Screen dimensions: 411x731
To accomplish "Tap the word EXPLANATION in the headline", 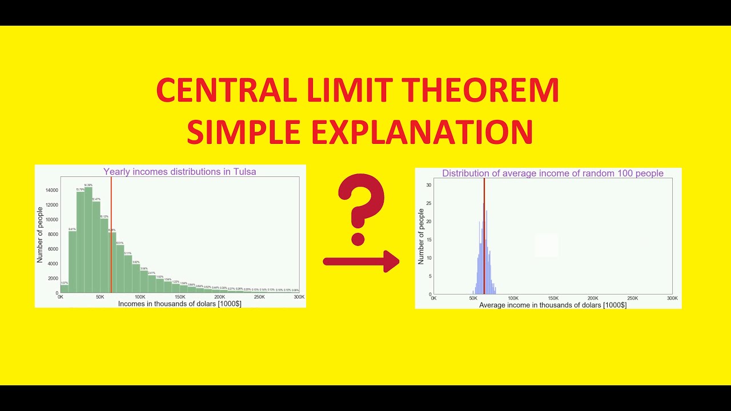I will tap(420, 132).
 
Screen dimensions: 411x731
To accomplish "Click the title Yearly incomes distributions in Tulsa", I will tap(179, 171).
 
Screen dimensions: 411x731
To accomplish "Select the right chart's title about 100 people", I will tap(552, 174).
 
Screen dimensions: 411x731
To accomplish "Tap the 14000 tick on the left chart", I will tap(52, 190).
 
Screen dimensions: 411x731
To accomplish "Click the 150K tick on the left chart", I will tap(180, 297).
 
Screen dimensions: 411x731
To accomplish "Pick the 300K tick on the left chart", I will tap(299, 297).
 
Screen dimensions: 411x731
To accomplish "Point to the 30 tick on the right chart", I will tap(429, 185).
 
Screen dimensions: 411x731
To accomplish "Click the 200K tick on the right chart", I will tap(593, 299).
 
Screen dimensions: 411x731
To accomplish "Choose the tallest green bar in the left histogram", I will tap(89, 240).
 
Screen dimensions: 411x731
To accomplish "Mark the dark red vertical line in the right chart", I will tap(484, 240).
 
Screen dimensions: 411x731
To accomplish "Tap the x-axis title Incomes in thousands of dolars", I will tap(179, 304).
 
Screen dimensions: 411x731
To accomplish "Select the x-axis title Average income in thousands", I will tap(552, 305).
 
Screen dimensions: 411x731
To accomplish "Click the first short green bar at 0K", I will tap(65, 289).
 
